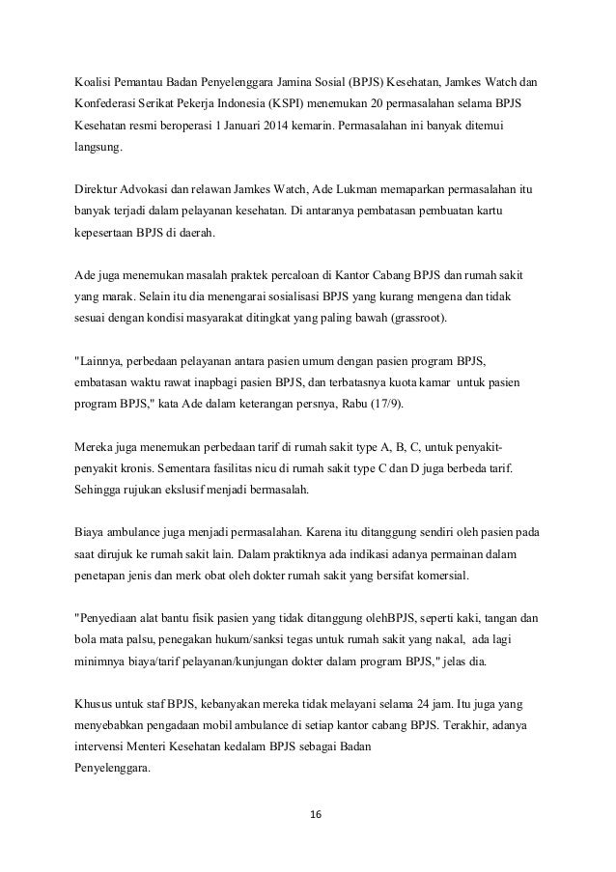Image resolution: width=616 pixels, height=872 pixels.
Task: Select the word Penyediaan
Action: (115, 618)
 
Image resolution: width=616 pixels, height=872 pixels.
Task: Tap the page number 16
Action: (308, 815)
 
